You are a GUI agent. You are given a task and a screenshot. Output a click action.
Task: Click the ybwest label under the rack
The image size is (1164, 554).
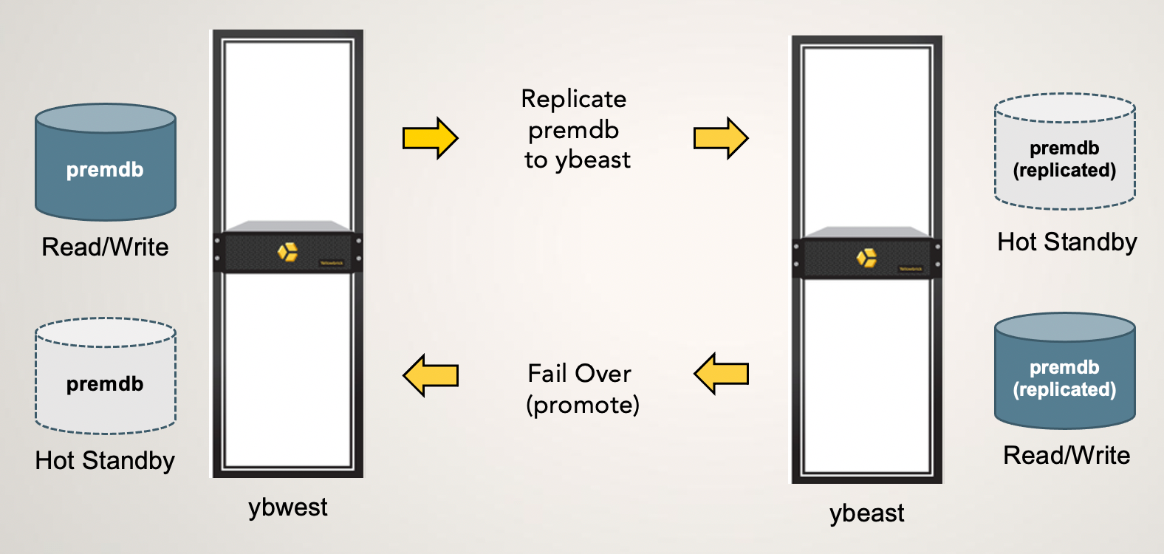[x=287, y=507]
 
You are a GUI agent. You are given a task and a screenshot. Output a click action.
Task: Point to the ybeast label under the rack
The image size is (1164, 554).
[x=866, y=513]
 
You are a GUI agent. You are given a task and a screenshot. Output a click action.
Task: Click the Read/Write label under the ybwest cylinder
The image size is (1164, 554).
[x=105, y=247]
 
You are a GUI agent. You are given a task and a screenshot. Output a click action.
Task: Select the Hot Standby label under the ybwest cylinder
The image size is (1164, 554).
[x=105, y=461]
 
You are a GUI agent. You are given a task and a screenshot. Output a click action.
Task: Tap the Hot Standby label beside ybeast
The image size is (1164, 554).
[x=1067, y=242]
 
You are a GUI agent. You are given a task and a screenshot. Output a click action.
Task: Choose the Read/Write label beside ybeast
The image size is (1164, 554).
[x=1067, y=456]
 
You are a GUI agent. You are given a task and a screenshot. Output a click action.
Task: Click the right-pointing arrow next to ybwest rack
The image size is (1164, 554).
[x=430, y=138]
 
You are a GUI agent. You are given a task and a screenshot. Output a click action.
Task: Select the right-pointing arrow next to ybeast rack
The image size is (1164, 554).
[x=721, y=138]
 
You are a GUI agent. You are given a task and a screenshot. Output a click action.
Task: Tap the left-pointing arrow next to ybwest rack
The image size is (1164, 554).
[x=431, y=375]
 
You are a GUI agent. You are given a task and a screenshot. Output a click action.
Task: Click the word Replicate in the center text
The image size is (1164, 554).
[x=574, y=99]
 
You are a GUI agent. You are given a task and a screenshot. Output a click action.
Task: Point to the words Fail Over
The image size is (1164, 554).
[x=580, y=374]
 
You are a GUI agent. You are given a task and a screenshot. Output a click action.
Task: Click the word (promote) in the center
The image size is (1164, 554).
[x=583, y=405]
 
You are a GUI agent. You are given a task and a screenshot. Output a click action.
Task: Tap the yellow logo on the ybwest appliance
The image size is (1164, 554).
[x=287, y=252]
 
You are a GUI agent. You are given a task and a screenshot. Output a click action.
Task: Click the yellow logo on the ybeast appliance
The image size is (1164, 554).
[x=866, y=258]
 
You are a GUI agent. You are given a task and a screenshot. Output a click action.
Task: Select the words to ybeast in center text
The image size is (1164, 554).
[x=578, y=160]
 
